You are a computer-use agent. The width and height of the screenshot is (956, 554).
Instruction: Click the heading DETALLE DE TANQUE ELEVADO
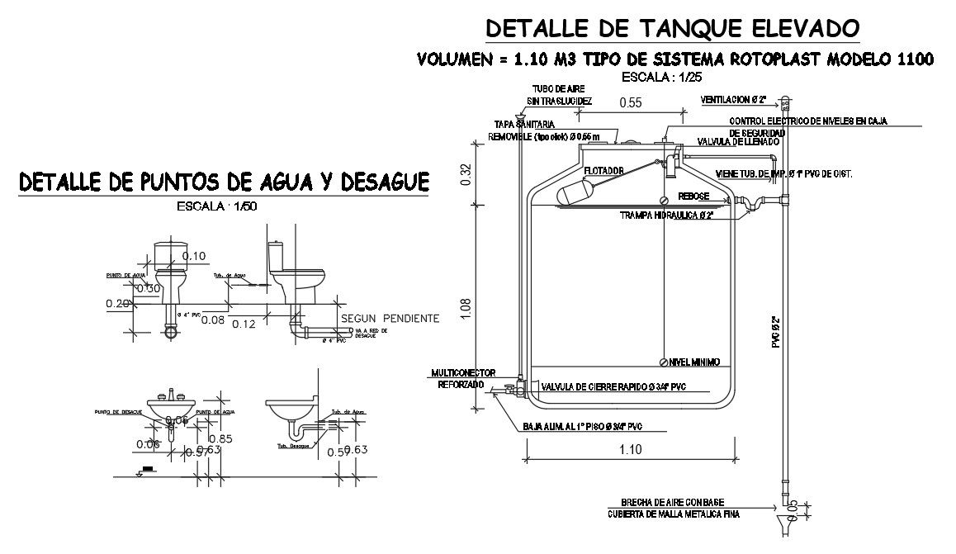(673, 28)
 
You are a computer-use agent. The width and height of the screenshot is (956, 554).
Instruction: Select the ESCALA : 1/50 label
(217, 206)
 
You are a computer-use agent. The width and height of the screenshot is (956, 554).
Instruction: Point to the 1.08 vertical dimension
(467, 309)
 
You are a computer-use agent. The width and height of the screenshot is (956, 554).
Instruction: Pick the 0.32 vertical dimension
(467, 174)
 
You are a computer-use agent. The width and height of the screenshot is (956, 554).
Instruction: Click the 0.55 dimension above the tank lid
(630, 102)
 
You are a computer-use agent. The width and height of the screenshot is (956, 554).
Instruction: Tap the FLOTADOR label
(602, 172)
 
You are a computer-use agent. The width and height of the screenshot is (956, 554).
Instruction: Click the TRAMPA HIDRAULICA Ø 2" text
(667, 215)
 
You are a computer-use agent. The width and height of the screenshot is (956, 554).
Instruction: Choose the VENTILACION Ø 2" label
(733, 100)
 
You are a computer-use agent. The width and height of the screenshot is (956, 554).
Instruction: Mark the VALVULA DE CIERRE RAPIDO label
(613, 386)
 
